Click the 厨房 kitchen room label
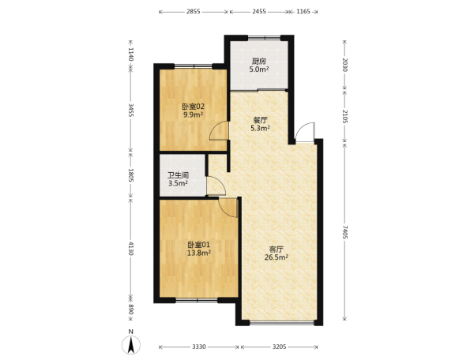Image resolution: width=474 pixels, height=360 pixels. tap(259, 62)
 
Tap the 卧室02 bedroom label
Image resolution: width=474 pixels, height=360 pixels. tap(194, 107)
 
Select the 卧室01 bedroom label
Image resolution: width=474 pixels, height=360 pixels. tap(198, 245)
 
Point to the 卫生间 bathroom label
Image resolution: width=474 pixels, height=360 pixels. tap(179, 175)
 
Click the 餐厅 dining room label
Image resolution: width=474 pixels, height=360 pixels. tap(260, 120)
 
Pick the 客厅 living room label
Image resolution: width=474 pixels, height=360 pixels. tap(276, 249)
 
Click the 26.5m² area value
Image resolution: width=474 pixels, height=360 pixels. tap(276, 257)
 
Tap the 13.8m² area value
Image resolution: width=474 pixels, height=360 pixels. tap(198, 253)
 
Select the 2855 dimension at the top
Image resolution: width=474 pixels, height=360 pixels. tap(194, 12)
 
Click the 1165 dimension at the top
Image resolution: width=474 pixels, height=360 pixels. tap(303, 12)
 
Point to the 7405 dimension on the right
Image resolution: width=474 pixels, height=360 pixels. tap(345, 232)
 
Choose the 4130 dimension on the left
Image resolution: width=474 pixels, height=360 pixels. tap(130, 248)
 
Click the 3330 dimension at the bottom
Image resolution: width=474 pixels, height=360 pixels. tap(199, 347)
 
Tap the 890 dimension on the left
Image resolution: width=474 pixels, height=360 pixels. tap(130, 309)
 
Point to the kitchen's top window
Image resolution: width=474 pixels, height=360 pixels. tap(264, 38)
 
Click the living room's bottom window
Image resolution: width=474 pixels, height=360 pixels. tap(282, 323)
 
